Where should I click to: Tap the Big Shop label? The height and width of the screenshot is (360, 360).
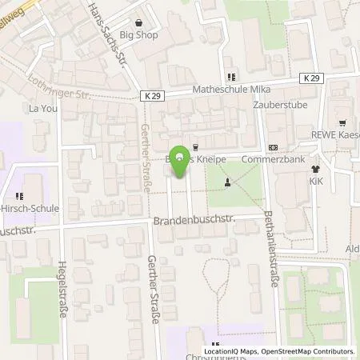[x=139, y=35]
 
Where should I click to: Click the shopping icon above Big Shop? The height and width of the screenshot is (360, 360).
[x=139, y=23]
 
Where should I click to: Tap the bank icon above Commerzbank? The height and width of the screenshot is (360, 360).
[x=273, y=147]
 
